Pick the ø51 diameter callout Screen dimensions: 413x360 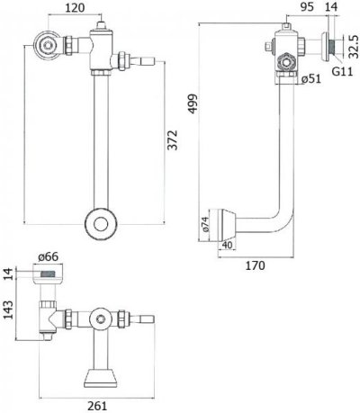click(x=310, y=79)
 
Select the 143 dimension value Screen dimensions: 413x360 click(x=9, y=310)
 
